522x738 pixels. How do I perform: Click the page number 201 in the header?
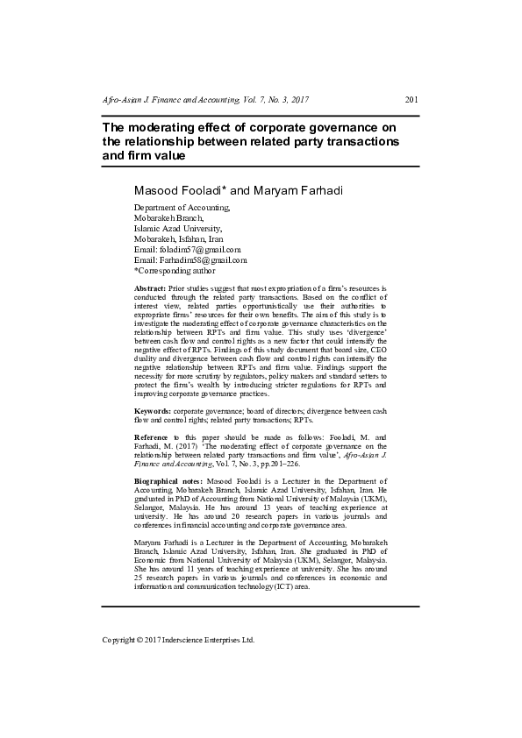pyautogui.click(x=411, y=102)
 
